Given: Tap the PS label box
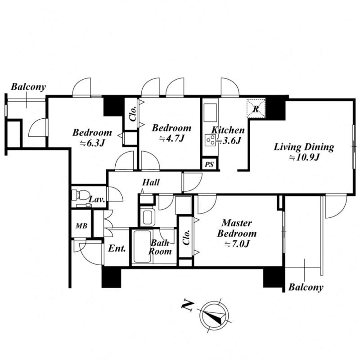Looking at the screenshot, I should coord(209,165).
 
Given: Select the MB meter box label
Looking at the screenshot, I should coord(81,226).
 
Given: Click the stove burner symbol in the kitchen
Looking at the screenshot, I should coord(210,140).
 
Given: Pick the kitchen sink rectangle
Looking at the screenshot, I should coord(210,112).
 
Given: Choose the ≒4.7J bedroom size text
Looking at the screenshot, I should coord(171,139).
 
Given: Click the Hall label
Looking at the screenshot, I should coord(151,183).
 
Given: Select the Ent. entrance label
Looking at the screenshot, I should coord(117,249).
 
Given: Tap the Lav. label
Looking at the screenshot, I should coord(97,199).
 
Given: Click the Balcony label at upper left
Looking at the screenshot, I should coord(28,87).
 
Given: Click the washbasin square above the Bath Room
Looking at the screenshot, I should coord(147,217).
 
